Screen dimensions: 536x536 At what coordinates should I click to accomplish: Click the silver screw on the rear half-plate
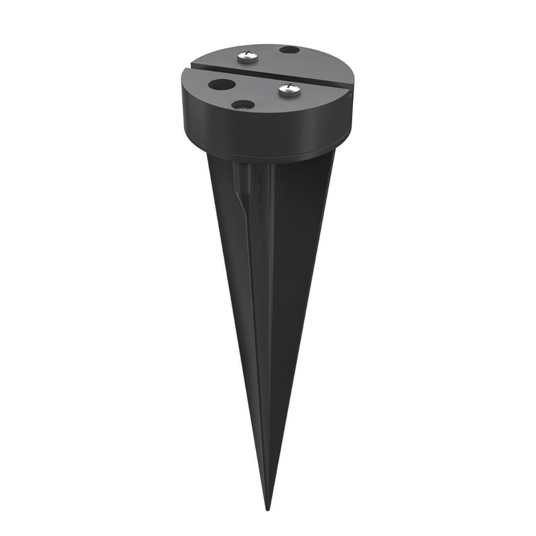(247, 57)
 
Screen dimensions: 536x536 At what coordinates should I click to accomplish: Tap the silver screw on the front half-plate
(289, 90)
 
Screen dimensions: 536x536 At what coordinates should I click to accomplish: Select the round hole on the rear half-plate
(289, 50)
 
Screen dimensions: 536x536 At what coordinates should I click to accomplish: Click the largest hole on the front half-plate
(222, 84)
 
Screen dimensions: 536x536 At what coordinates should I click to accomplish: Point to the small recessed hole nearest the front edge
(243, 105)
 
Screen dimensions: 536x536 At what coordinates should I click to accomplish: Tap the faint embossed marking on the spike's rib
(259, 199)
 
